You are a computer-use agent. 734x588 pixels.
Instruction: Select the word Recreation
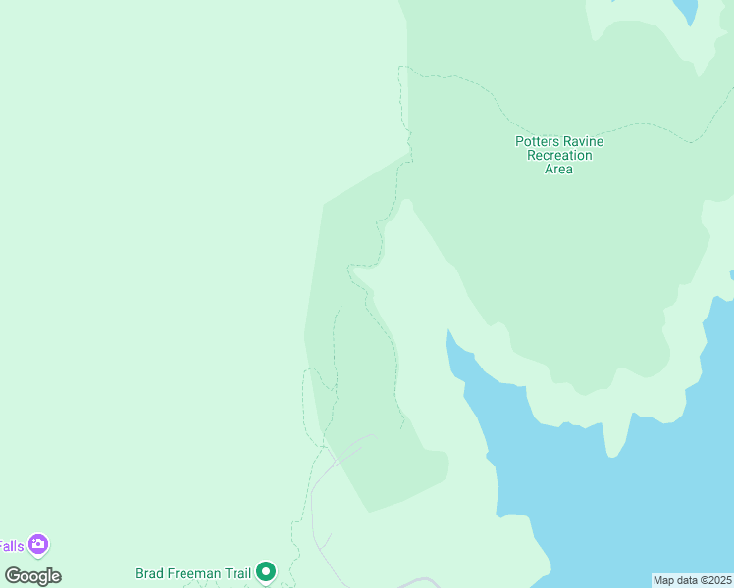559,155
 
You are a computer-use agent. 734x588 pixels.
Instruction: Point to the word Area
558,169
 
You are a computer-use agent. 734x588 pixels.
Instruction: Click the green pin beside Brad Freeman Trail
266,571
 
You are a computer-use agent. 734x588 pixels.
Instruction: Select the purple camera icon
38,544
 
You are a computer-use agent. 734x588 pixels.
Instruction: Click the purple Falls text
11,546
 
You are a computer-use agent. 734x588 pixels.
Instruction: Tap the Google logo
32,576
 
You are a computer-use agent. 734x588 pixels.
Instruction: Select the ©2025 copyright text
717,580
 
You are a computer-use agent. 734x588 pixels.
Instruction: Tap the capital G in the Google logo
12,576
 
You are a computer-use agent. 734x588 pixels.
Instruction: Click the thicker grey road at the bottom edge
420,582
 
